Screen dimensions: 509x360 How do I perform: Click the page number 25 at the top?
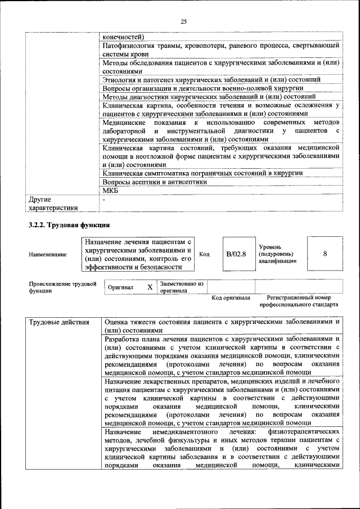[x=183, y=22]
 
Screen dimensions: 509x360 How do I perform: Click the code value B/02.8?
[x=236, y=254]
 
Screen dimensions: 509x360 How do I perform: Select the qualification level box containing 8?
[x=325, y=254]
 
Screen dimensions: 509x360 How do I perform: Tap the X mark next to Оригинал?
[x=150, y=287]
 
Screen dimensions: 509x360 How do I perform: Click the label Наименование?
[x=47, y=254]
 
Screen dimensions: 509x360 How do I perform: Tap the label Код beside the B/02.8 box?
[x=205, y=254]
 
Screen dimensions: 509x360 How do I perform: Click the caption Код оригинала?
[x=231, y=297]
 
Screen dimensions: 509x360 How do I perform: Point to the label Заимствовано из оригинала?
[x=181, y=287]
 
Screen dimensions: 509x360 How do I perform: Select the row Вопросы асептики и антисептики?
[x=155, y=182]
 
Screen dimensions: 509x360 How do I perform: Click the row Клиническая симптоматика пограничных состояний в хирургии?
[x=203, y=173]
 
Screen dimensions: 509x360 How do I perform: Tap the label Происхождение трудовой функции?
[x=62, y=287]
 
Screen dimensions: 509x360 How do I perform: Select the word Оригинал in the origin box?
[x=120, y=287]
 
